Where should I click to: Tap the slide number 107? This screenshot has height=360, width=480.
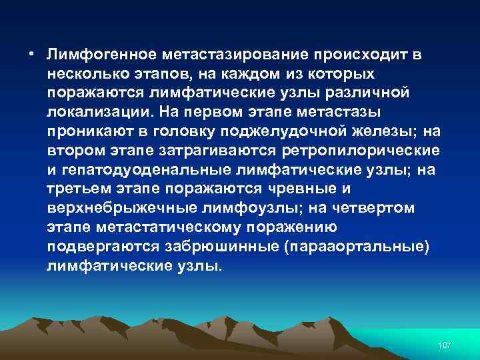coord(445,345)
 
